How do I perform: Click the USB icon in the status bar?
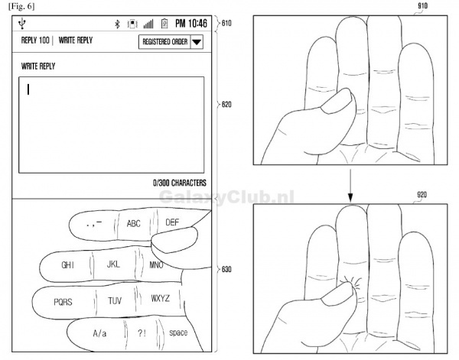click(x=22, y=24)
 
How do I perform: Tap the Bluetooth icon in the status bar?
click(x=117, y=24)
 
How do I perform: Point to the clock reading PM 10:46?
click(x=191, y=24)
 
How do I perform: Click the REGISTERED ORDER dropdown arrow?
click(x=197, y=42)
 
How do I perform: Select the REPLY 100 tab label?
click(x=35, y=40)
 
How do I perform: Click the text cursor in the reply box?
click(x=28, y=89)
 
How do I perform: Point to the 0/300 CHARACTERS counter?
click(x=180, y=183)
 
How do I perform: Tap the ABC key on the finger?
click(x=133, y=224)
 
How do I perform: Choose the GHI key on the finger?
click(x=67, y=265)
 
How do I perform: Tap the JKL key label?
click(x=113, y=264)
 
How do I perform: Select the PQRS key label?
click(x=63, y=302)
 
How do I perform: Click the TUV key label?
click(x=115, y=300)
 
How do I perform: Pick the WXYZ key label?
click(x=160, y=298)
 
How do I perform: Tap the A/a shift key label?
click(x=99, y=333)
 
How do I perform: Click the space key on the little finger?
click(x=178, y=332)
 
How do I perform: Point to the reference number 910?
click(x=422, y=5)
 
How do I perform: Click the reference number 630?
click(x=226, y=269)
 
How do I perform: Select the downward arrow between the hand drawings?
click(x=350, y=186)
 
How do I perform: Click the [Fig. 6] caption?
click(x=21, y=6)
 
